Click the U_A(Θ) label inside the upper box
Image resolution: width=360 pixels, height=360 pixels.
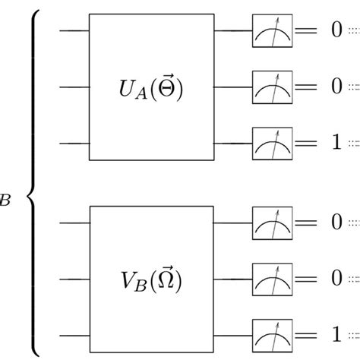pyautogui.click(x=152, y=90)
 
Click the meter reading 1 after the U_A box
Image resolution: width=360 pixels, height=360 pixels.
pyautogui.click(x=273, y=143)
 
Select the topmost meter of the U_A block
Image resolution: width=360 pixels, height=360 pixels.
pyautogui.click(x=273, y=32)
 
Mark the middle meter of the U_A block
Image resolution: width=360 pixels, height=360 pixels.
pyautogui.click(x=273, y=87)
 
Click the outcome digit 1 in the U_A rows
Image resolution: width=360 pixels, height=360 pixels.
pyautogui.click(x=336, y=143)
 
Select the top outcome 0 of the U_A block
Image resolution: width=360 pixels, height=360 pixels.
pyautogui.click(x=336, y=32)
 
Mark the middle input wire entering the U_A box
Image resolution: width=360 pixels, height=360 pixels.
pyautogui.click(x=74, y=87)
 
